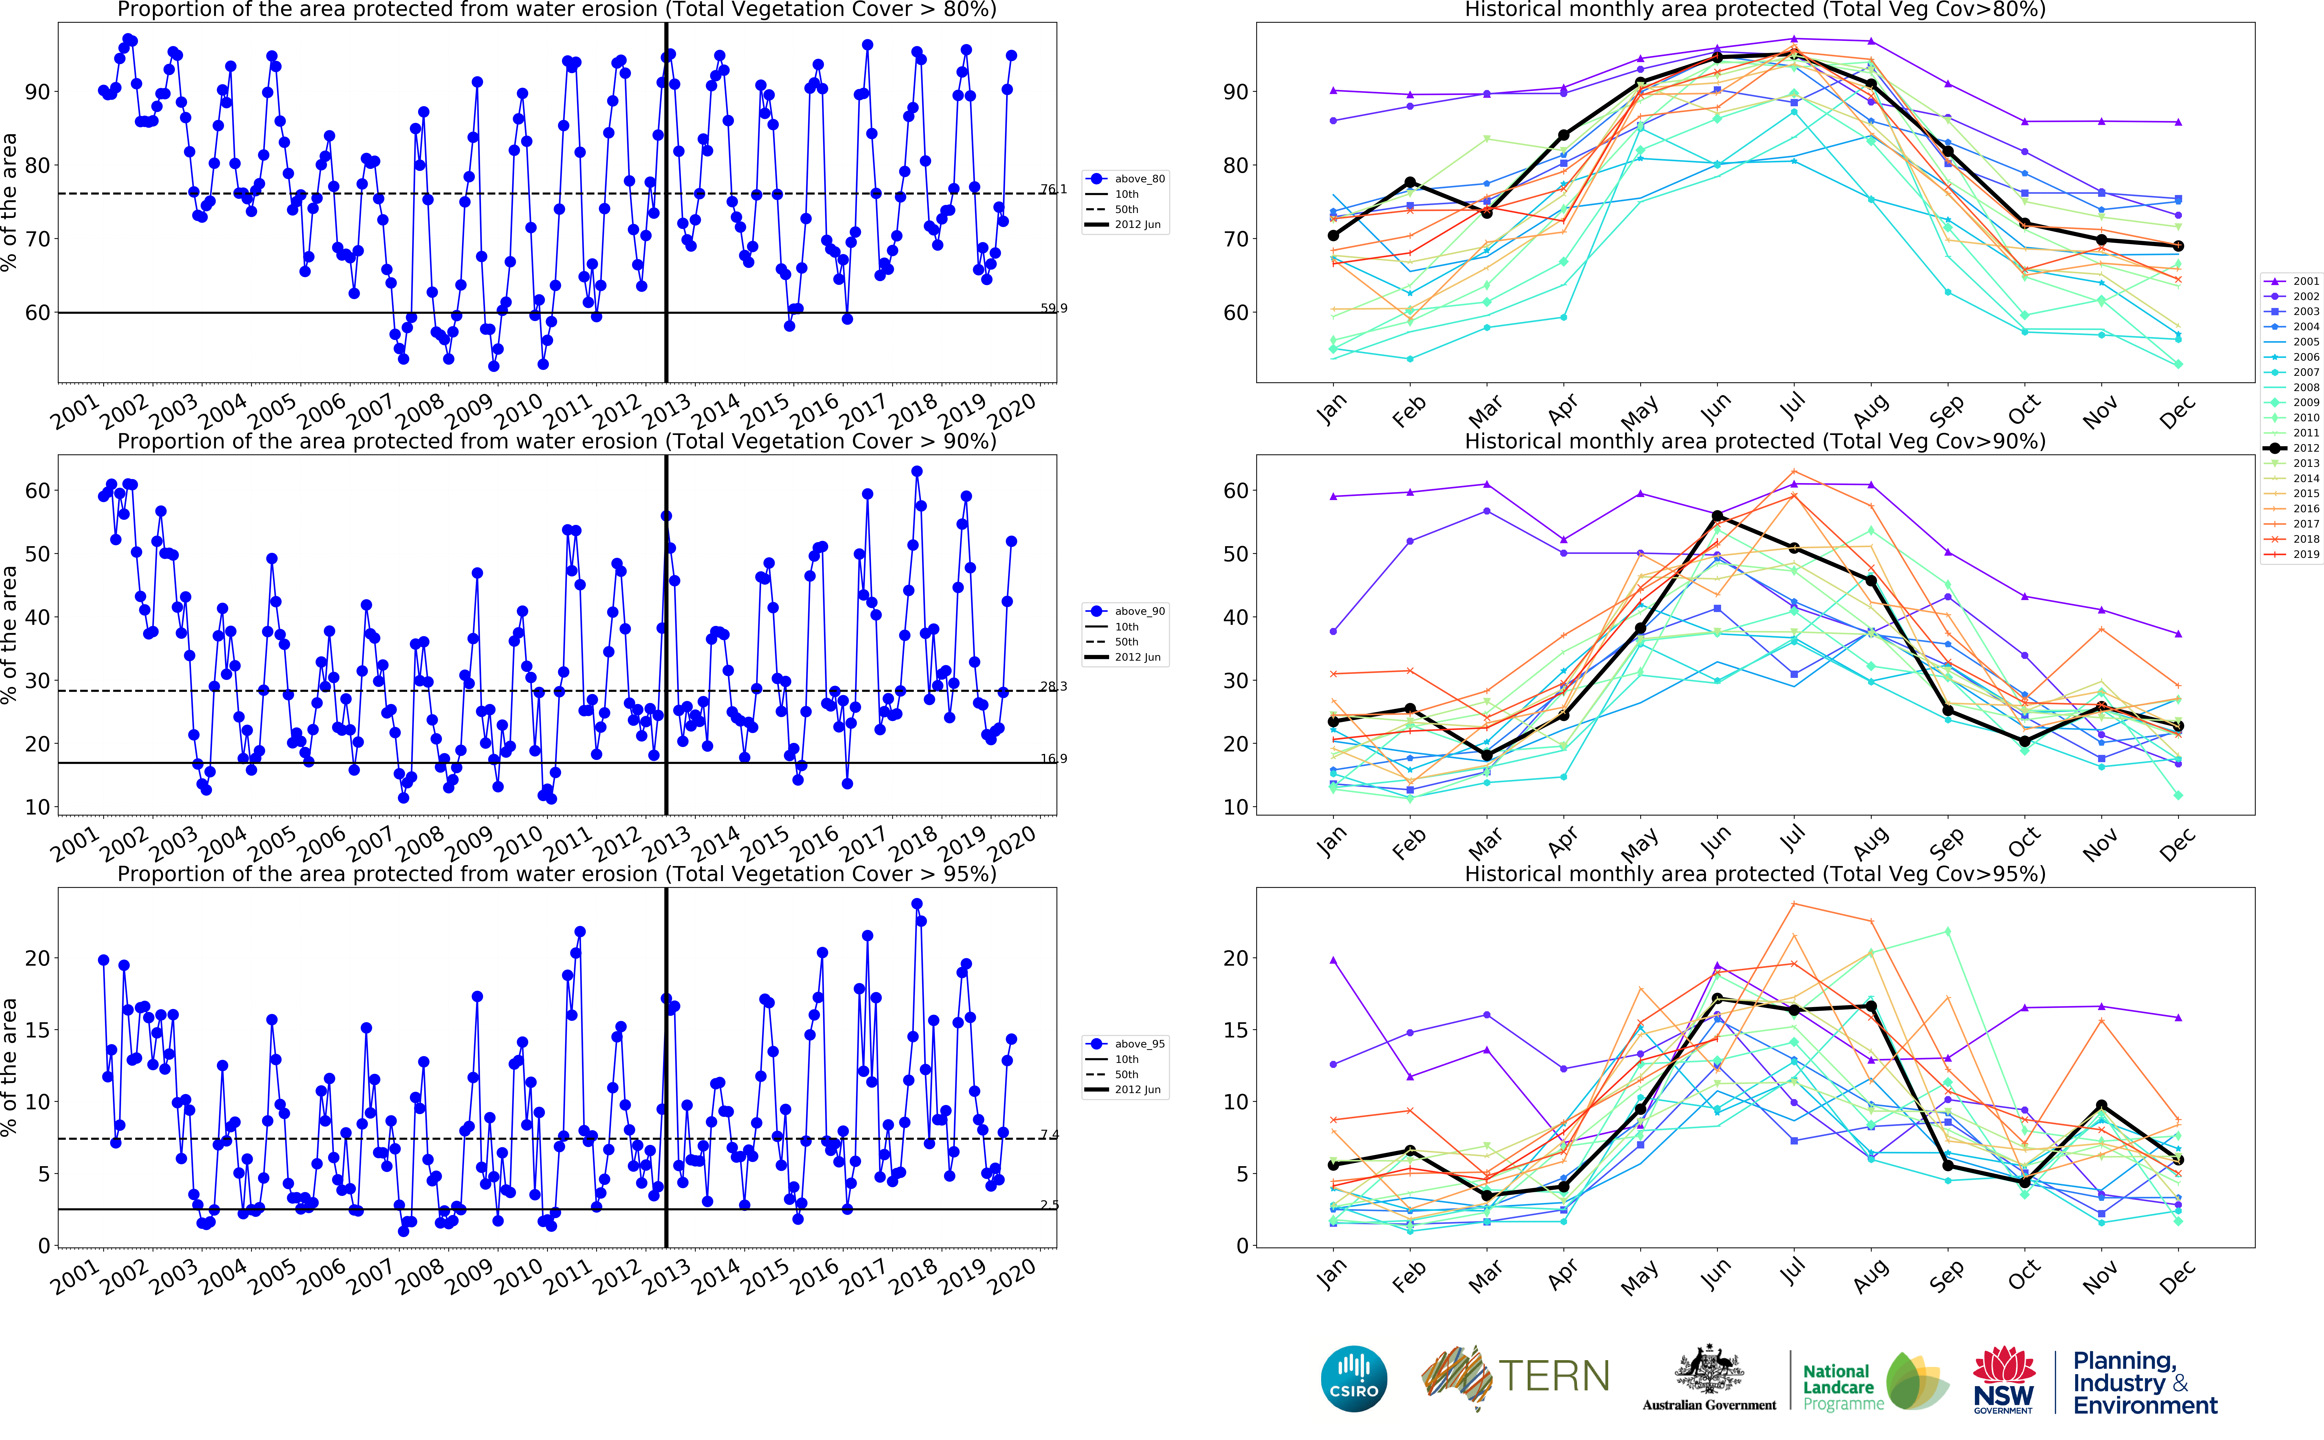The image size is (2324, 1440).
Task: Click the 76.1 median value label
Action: pos(1053,190)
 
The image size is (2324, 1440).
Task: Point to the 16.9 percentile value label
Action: pos(1053,759)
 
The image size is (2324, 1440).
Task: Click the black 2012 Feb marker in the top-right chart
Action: pos(1410,182)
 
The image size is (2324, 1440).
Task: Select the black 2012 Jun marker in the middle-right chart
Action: pos(1718,516)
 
